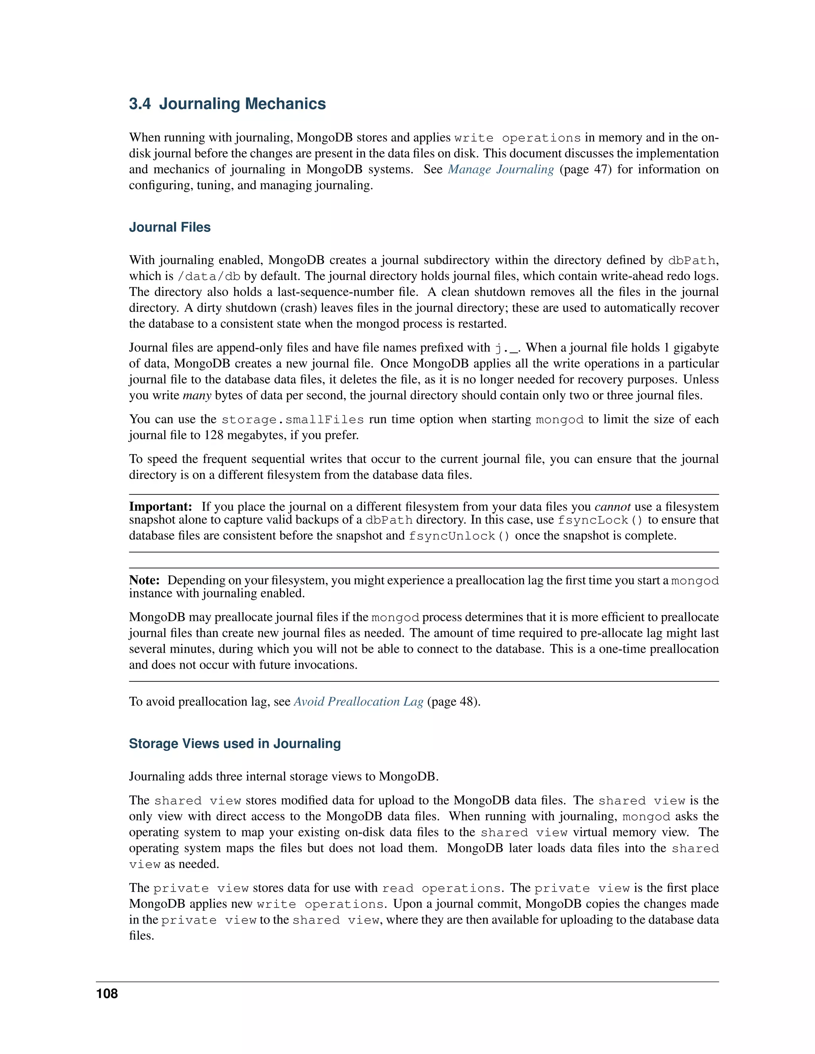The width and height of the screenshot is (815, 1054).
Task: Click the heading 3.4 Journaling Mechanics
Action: click(x=227, y=104)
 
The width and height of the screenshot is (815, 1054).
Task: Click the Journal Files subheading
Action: click(x=170, y=227)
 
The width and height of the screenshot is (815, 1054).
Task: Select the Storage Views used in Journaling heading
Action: click(x=235, y=743)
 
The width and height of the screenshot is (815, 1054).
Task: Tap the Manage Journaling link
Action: click(x=501, y=169)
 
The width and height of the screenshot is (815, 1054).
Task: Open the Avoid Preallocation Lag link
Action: click(x=358, y=701)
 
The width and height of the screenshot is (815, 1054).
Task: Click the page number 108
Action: click(x=107, y=994)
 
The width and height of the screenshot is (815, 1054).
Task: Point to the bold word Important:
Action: click(x=160, y=507)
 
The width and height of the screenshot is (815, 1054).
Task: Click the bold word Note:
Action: click(x=144, y=580)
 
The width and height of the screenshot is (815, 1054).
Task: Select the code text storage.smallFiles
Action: click(x=292, y=419)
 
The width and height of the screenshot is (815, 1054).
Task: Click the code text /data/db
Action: click(x=209, y=276)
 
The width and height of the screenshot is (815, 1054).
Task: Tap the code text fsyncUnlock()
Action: click(x=459, y=536)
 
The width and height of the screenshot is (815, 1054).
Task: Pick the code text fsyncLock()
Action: click(x=600, y=520)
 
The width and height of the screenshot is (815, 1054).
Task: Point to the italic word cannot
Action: click(x=612, y=507)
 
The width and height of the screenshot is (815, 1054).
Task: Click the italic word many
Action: click(x=197, y=396)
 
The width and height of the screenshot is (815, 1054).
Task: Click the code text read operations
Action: click(x=441, y=889)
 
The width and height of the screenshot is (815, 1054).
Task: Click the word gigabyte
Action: click(x=696, y=348)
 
